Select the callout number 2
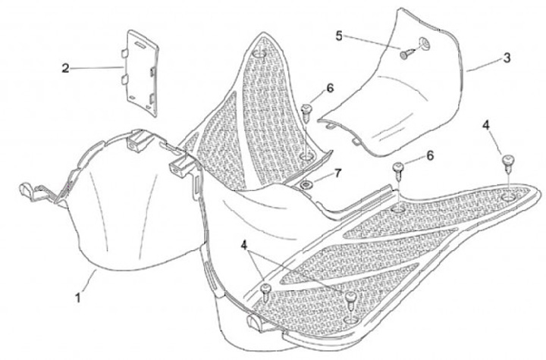tap(66, 68)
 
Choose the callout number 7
tap(337, 174)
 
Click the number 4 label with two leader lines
tap(243, 245)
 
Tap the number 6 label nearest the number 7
tap(330, 87)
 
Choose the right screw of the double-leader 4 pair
tap(350, 299)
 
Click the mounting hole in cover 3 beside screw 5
tap(422, 45)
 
